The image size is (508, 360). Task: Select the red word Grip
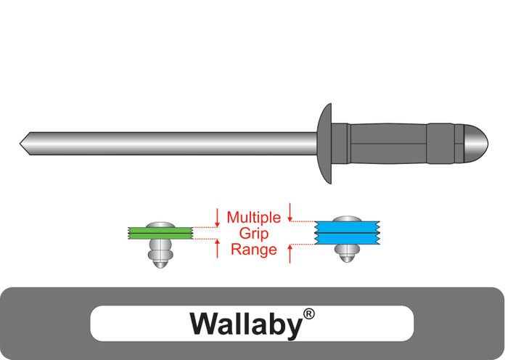[253, 233]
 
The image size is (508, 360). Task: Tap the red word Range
[253, 250]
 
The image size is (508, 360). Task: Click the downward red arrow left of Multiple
[217, 216]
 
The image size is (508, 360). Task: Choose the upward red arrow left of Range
[217, 250]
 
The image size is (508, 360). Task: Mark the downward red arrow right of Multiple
[290, 211]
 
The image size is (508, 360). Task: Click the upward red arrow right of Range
[290, 254]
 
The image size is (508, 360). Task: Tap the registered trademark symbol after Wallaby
[309, 314]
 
